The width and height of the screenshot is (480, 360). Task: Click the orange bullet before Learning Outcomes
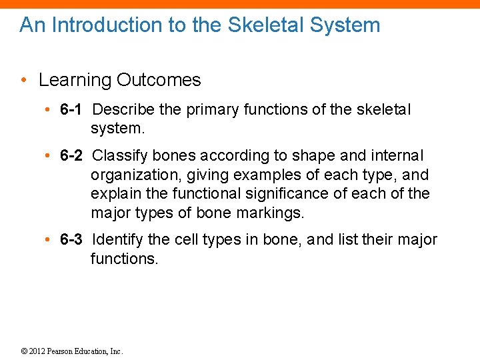click(23, 81)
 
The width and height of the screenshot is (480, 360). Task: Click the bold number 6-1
click(71, 109)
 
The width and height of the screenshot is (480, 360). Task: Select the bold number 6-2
click(71, 156)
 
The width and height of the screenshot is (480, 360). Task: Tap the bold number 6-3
click(71, 239)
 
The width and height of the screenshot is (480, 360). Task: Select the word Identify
click(117, 239)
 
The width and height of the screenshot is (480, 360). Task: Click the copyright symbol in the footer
click(23, 351)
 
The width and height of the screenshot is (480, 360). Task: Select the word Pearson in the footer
click(62, 351)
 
